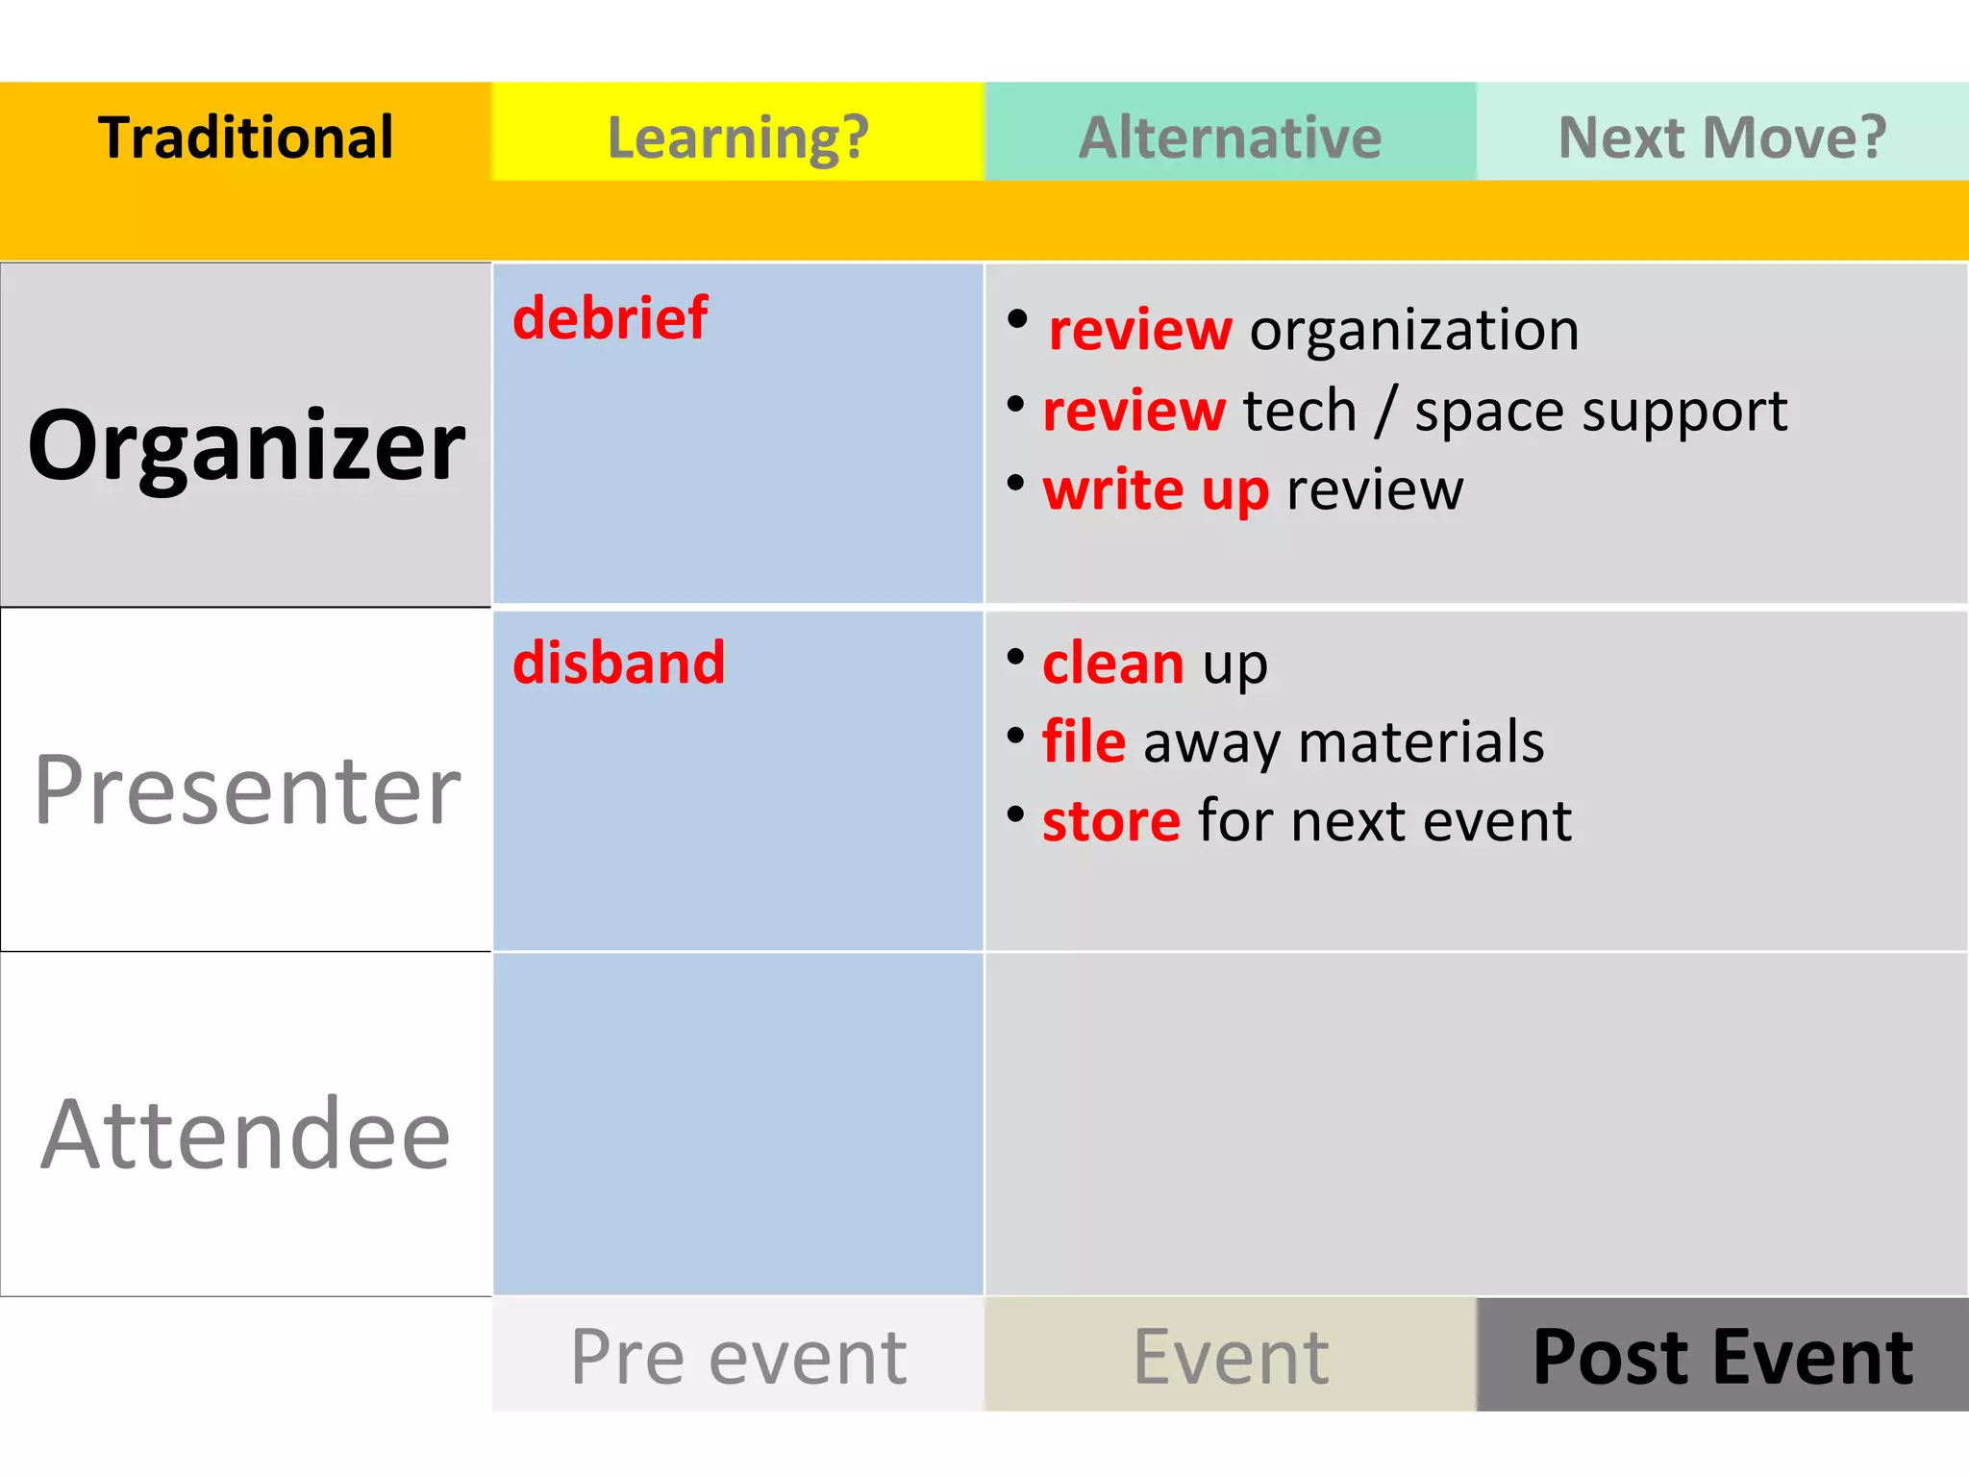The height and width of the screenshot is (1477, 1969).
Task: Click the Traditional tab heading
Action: tap(246, 137)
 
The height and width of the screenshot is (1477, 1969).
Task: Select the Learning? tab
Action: tap(738, 137)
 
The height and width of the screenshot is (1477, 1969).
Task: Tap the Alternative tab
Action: tap(1230, 137)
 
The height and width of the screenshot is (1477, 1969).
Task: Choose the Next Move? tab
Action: tap(1722, 137)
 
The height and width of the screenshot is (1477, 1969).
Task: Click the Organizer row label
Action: tap(246, 444)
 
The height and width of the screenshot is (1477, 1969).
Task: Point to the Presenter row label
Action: tap(247, 789)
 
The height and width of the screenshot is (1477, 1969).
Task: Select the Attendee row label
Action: tap(246, 1135)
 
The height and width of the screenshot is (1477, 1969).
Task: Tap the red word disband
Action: tap(618, 663)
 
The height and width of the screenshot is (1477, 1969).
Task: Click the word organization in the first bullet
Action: tap(1414, 330)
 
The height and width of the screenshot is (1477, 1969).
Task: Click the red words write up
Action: tap(1156, 490)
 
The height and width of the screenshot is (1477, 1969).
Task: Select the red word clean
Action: tap(1113, 663)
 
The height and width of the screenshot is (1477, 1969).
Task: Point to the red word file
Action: tap(1084, 741)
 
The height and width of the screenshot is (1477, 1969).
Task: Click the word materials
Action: tap(1421, 741)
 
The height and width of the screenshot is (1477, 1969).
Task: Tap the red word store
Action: tap(1111, 821)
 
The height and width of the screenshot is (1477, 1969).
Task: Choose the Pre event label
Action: tap(738, 1356)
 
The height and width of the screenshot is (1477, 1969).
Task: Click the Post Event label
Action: tap(1722, 1356)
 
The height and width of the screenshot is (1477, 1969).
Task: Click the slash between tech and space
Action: tap(1385, 412)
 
